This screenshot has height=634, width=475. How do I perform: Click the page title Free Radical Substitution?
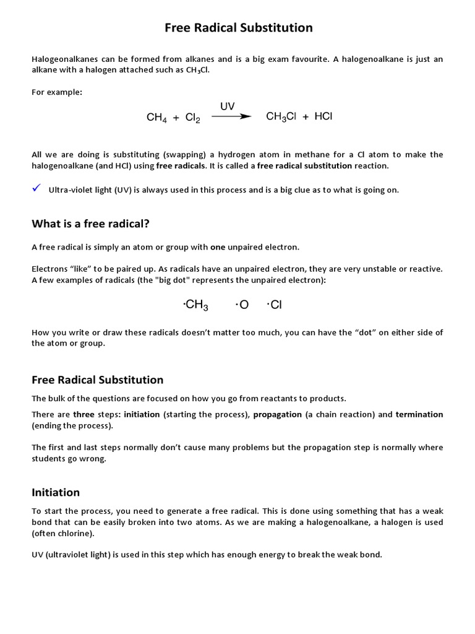tap(238, 28)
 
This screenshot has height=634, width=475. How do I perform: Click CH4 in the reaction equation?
tap(157, 118)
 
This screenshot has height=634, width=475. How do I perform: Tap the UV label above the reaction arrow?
tap(227, 106)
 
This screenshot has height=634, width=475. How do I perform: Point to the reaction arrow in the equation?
tap(231, 116)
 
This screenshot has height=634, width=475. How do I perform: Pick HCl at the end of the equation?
tap(323, 116)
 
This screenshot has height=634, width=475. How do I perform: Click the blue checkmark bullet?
tap(36, 188)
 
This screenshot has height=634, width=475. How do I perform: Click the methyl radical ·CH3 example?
tap(196, 305)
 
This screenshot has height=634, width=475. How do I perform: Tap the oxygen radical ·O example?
tap(242, 305)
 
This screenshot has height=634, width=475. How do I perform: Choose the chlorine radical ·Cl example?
tap(274, 305)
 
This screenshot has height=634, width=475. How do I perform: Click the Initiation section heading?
tap(56, 492)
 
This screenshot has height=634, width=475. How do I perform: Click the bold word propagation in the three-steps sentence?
tap(277, 414)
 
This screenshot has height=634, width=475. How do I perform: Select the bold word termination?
tap(419, 414)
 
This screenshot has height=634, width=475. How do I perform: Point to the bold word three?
tap(83, 414)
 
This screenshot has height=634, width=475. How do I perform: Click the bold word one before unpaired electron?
tap(218, 247)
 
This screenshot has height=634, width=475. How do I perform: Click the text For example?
tap(57, 92)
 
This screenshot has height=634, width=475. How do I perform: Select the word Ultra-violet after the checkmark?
tap(69, 190)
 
